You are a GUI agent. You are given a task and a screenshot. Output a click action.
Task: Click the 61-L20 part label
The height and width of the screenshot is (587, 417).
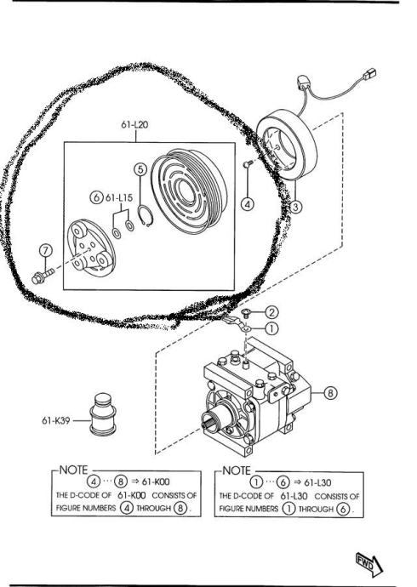134,125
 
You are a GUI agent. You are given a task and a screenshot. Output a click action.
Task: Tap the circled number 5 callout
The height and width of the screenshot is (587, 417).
140,169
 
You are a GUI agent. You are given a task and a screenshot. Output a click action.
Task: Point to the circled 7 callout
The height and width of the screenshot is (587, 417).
46,250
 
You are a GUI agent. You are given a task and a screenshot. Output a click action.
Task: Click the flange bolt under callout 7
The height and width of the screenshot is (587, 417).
43,276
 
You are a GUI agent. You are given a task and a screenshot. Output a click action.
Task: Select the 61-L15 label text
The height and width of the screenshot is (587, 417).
119,197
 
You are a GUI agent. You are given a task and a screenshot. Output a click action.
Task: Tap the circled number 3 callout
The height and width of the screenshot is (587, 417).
295,206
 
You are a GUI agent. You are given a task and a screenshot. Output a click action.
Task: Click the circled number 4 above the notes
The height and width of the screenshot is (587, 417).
248,204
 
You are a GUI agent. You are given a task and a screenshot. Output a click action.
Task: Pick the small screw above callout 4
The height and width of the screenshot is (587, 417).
248,163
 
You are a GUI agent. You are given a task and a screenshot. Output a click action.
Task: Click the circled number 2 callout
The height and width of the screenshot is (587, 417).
271,312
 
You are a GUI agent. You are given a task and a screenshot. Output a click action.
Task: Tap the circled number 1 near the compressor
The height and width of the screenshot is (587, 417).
271,328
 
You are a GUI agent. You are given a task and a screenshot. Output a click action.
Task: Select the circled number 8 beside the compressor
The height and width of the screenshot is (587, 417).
330,393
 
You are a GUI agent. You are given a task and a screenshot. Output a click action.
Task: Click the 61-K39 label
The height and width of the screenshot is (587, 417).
56,420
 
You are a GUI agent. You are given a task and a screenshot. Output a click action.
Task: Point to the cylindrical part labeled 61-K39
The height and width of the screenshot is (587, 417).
103,414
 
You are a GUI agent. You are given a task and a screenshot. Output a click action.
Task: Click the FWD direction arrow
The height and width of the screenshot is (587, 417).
369,564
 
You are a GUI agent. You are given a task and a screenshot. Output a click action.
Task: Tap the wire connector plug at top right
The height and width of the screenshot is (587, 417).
369,74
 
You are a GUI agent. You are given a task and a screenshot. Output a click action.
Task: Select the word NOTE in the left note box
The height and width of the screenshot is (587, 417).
73,470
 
